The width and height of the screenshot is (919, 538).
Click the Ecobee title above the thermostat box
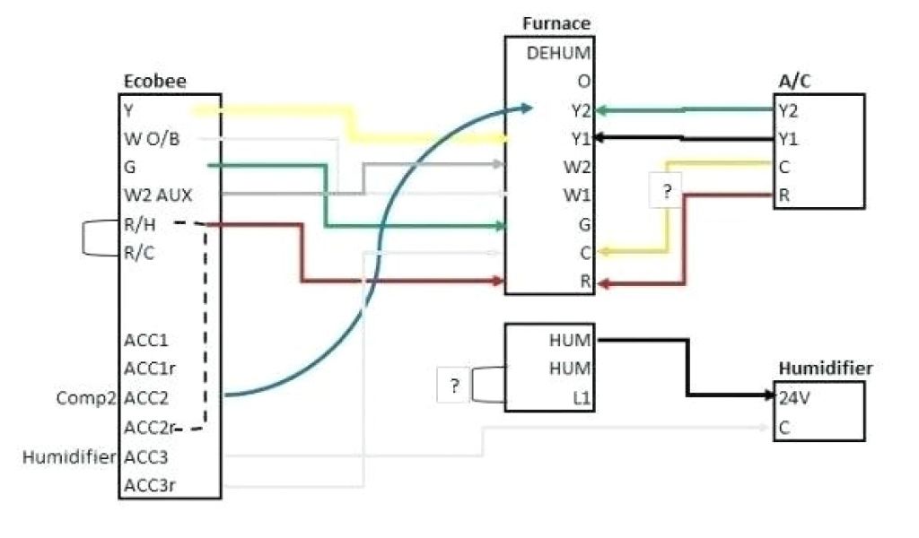tap(148, 82)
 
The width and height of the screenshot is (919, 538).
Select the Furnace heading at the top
tap(556, 23)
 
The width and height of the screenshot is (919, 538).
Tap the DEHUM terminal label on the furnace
tap(558, 52)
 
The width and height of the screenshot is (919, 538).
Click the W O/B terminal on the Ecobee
tap(153, 139)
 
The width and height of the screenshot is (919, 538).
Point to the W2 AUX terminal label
tap(157, 195)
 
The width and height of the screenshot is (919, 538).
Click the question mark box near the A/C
tap(666, 192)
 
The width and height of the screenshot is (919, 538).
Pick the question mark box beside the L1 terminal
tap(454, 386)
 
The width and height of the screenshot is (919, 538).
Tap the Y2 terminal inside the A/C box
tap(787, 111)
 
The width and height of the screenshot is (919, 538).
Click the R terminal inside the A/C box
tap(783, 195)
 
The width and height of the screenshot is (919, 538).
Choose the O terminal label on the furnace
tap(584, 81)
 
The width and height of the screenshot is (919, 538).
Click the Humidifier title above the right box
tap(825, 369)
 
